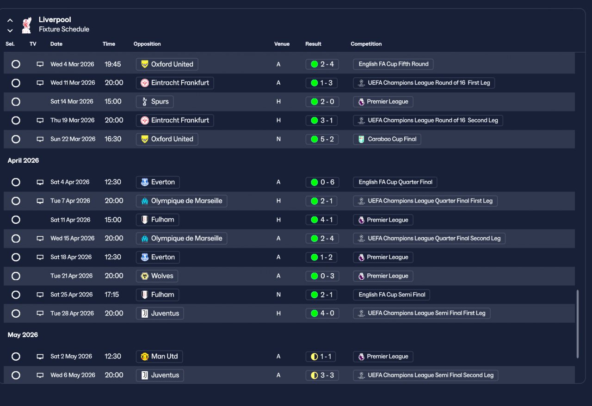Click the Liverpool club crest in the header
tap(26, 25)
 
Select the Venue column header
tap(282, 44)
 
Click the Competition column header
tap(366, 44)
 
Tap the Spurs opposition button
tap(155, 102)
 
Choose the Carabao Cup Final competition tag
tap(387, 139)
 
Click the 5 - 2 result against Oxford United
tap(322, 139)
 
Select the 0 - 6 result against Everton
tap(322, 182)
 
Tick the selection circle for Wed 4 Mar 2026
tap(16, 64)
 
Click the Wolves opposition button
tap(157, 276)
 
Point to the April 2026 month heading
tap(23, 160)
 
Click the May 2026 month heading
tap(23, 335)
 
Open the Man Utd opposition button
tap(159, 357)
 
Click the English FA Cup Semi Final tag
tap(392, 295)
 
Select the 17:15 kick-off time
tap(111, 295)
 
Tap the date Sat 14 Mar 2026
tap(72, 102)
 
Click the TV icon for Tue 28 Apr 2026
tap(40, 314)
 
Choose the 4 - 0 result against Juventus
tap(322, 314)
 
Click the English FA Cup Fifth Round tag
tap(393, 64)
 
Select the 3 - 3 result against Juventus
tap(322, 375)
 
